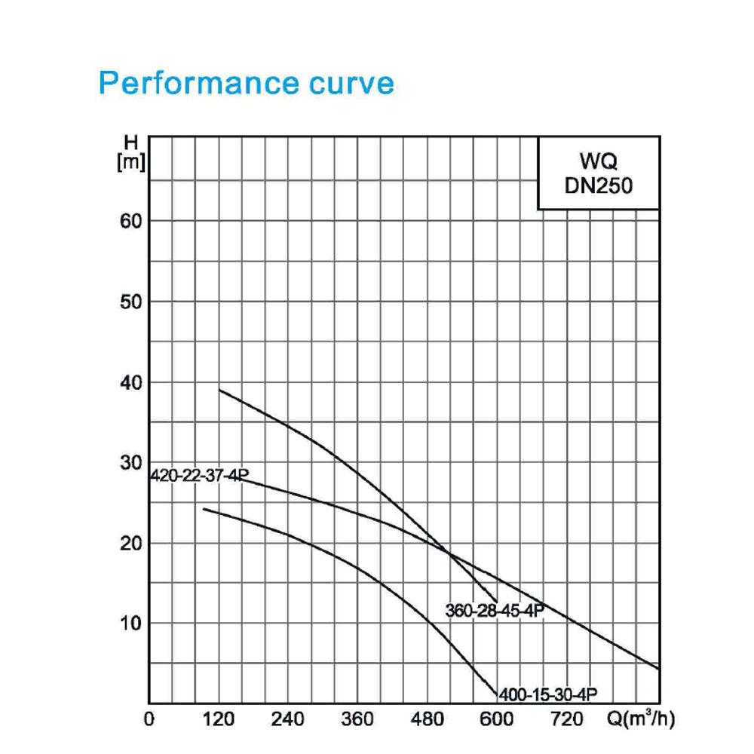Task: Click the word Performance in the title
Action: pyautogui.click(x=198, y=83)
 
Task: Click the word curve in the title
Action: pyautogui.click(x=351, y=84)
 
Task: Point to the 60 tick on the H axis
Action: pyautogui.click(x=130, y=221)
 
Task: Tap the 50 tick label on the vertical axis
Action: pyautogui.click(x=130, y=302)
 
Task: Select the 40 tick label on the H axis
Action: pyautogui.click(x=130, y=383)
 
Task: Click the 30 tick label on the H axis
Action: pyautogui.click(x=130, y=463)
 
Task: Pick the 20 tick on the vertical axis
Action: pyautogui.click(x=130, y=544)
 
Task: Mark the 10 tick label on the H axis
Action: pyautogui.click(x=130, y=624)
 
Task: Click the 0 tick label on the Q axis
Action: pyautogui.click(x=149, y=719)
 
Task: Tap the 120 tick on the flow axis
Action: pyautogui.click(x=219, y=719)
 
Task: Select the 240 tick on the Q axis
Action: pyautogui.click(x=287, y=719)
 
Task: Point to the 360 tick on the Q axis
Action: pyautogui.click(x=357, y=719)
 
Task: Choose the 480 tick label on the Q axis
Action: pyautogui.click(x=427, y=719)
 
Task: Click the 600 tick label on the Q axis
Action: pyautogui.click(x=497, y=719)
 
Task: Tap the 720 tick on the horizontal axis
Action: pyautogui.click(x=566, y=719)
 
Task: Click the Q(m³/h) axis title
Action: pyautogui.click(x=641, y=719)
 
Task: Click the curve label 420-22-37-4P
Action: pyautogui.click(x=200, y=475)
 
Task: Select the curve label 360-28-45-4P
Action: pyautogui.click(x=495, y=610)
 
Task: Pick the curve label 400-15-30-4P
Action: pyautogui.click(x=548, y=694)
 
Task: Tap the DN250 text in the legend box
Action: pyautogui.click(x=599, y=185)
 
